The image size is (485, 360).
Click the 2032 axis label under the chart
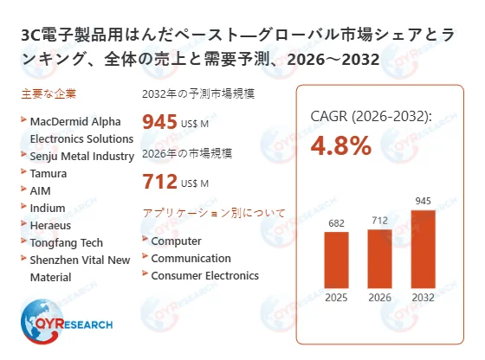point(424,299)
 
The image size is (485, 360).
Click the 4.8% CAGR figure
point(341,145)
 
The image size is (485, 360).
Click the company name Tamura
point(49,173)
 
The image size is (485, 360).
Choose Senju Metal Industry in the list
point(81,156)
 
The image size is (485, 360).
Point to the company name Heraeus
point(51,225)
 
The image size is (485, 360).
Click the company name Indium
point(48,208)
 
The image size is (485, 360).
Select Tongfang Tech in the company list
point(66,242)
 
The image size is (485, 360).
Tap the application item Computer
point(176,241)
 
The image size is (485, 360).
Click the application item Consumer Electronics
point(204,275)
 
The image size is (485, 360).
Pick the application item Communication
point(191,258)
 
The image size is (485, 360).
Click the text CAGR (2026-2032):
point(371,115)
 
